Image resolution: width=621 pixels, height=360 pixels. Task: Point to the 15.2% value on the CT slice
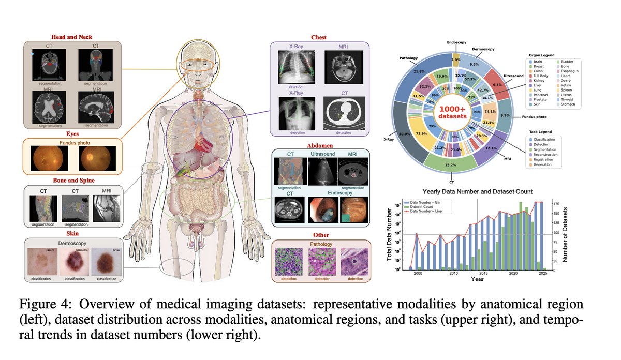pyautogui.click(x=450, y=165)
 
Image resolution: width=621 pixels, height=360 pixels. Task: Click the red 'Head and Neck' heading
pyautogui.click(x=72, y=37)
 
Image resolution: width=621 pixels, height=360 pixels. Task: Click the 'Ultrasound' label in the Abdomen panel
pyautogui.click(x=322, y=154)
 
